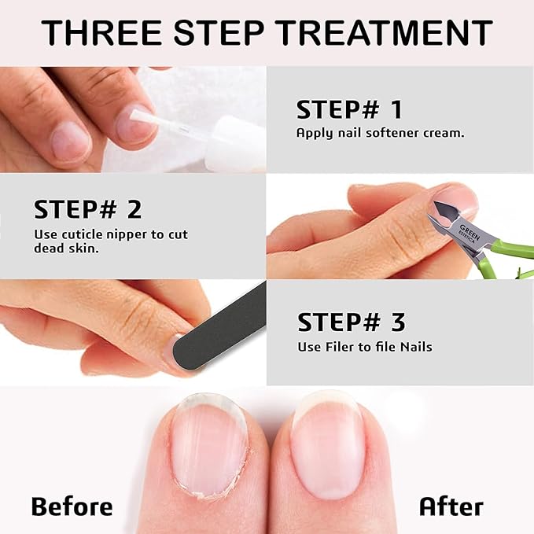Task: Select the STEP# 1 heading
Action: coord(349,110)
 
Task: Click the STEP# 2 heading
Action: coord(88,210)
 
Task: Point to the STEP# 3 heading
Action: coord(351,322)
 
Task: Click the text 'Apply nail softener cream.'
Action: coord(380,133)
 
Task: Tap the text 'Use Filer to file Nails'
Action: coord(364,347)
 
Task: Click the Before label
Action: coord(72,506)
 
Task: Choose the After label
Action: coord(451,506)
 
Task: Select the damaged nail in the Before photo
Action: coord(208,444)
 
